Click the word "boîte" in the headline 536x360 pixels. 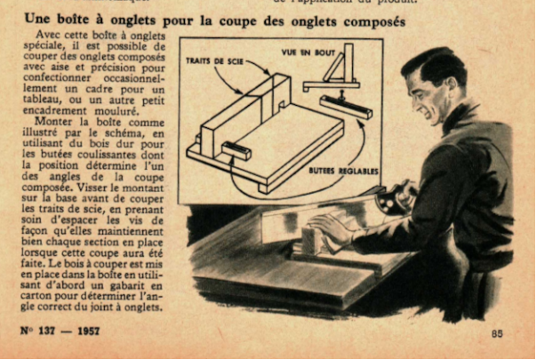click(x=76, y=19)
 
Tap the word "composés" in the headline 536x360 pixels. click(x=374, y=22)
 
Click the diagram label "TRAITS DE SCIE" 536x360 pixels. click(x=215, y=60)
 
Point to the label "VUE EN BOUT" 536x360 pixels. click(x=308, y=52)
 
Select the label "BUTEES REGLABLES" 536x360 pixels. click(x=343, y=171)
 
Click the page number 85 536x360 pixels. click(x=497, y=333)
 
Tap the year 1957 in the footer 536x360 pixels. click(x=89, y=331)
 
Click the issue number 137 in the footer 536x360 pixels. click(x=46, y=331)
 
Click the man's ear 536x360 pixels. click(x=451, y=86)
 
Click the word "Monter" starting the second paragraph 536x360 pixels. click(x=53, y=122)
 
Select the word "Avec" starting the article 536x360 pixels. click(x=48, y=35)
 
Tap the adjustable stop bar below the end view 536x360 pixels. click(x=346, y=107)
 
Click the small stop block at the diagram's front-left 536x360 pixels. click(x=236, y=151)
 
